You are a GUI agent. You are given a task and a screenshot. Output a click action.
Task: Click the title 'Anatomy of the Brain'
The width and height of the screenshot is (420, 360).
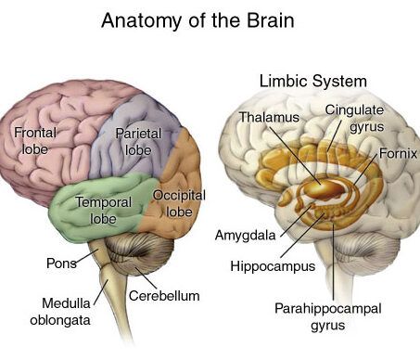197,20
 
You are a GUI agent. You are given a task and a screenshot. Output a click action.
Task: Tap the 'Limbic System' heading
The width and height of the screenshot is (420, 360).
312,82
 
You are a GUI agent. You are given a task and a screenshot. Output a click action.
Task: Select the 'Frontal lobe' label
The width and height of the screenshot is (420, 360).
35,141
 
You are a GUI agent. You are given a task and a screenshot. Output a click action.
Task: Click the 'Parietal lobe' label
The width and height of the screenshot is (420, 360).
138,142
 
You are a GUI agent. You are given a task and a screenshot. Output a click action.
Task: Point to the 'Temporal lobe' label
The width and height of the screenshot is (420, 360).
104,211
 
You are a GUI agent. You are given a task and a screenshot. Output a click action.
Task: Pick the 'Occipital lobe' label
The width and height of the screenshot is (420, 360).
179,203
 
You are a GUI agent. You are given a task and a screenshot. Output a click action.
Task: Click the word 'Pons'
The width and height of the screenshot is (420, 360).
61,264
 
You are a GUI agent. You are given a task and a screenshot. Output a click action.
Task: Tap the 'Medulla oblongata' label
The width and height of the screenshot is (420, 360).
60,311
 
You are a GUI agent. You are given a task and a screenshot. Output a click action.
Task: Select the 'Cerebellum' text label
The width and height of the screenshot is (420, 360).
164,296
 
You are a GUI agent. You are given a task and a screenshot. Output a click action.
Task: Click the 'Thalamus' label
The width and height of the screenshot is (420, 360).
270,117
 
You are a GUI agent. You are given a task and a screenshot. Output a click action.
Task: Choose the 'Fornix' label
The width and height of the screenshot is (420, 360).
398,153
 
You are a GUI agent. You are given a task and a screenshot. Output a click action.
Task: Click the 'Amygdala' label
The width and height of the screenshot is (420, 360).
245,236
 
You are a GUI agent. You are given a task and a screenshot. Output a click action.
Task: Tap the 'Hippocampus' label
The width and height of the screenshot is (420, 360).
273,266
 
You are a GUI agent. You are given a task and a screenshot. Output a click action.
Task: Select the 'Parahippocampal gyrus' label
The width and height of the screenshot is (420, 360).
328,316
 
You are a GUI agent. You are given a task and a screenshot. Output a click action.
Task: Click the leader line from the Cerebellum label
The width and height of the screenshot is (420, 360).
146,277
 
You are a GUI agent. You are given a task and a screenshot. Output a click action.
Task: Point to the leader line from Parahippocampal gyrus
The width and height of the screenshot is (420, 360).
334,262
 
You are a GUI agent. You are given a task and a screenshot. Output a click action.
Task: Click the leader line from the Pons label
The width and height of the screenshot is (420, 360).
86,257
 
